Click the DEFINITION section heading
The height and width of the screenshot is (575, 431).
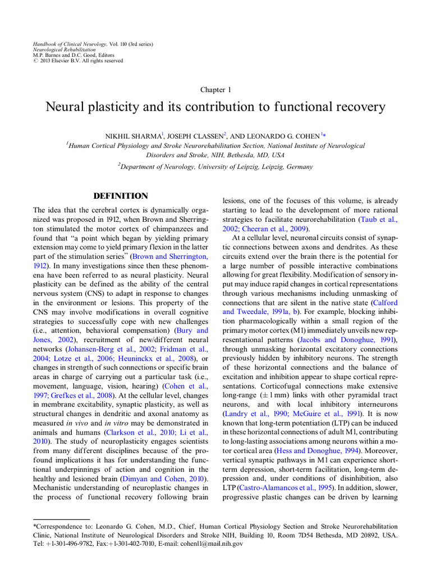[120, 196]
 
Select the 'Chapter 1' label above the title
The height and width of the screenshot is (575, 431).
[215, 90]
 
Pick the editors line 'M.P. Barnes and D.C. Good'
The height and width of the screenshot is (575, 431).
[65, 55]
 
